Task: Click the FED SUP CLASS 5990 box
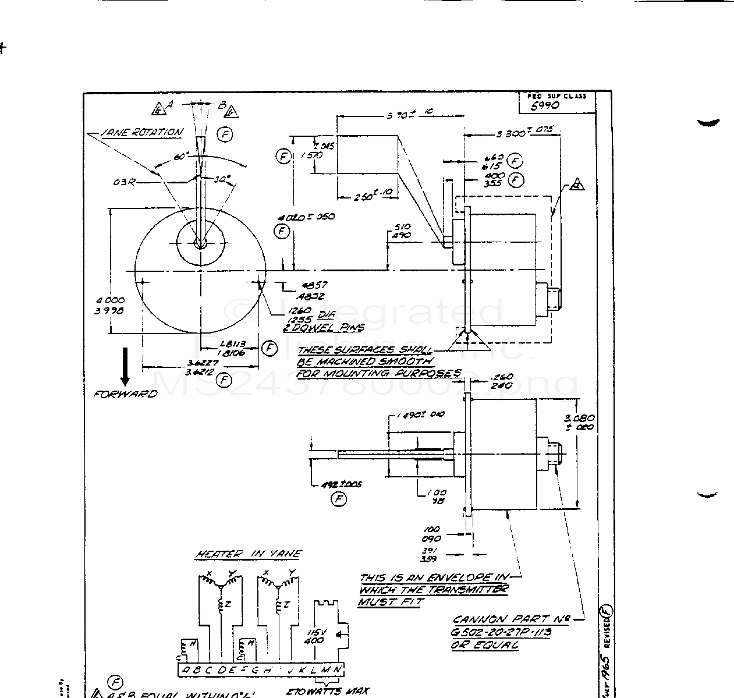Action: (x=556, y=102)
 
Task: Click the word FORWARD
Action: (x=126, y=394)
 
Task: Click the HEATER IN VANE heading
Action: (x=249, y=555)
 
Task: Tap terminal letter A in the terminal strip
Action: (x=185, y=670)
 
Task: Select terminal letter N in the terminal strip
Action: (x=337, y=670)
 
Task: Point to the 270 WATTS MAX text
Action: (x=328, y=692)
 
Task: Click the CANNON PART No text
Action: (x=510, y=620)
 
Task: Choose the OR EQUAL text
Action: (x=484, y=645)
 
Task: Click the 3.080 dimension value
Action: (x=579, y=418)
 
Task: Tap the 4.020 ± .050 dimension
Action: (x=306, y=217)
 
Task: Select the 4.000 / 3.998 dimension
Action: (x=110, y=306)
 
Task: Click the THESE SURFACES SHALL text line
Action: (x=364, y=350)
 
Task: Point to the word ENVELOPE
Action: (x=460, y=578)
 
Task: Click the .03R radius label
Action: (x=123, y=182)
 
